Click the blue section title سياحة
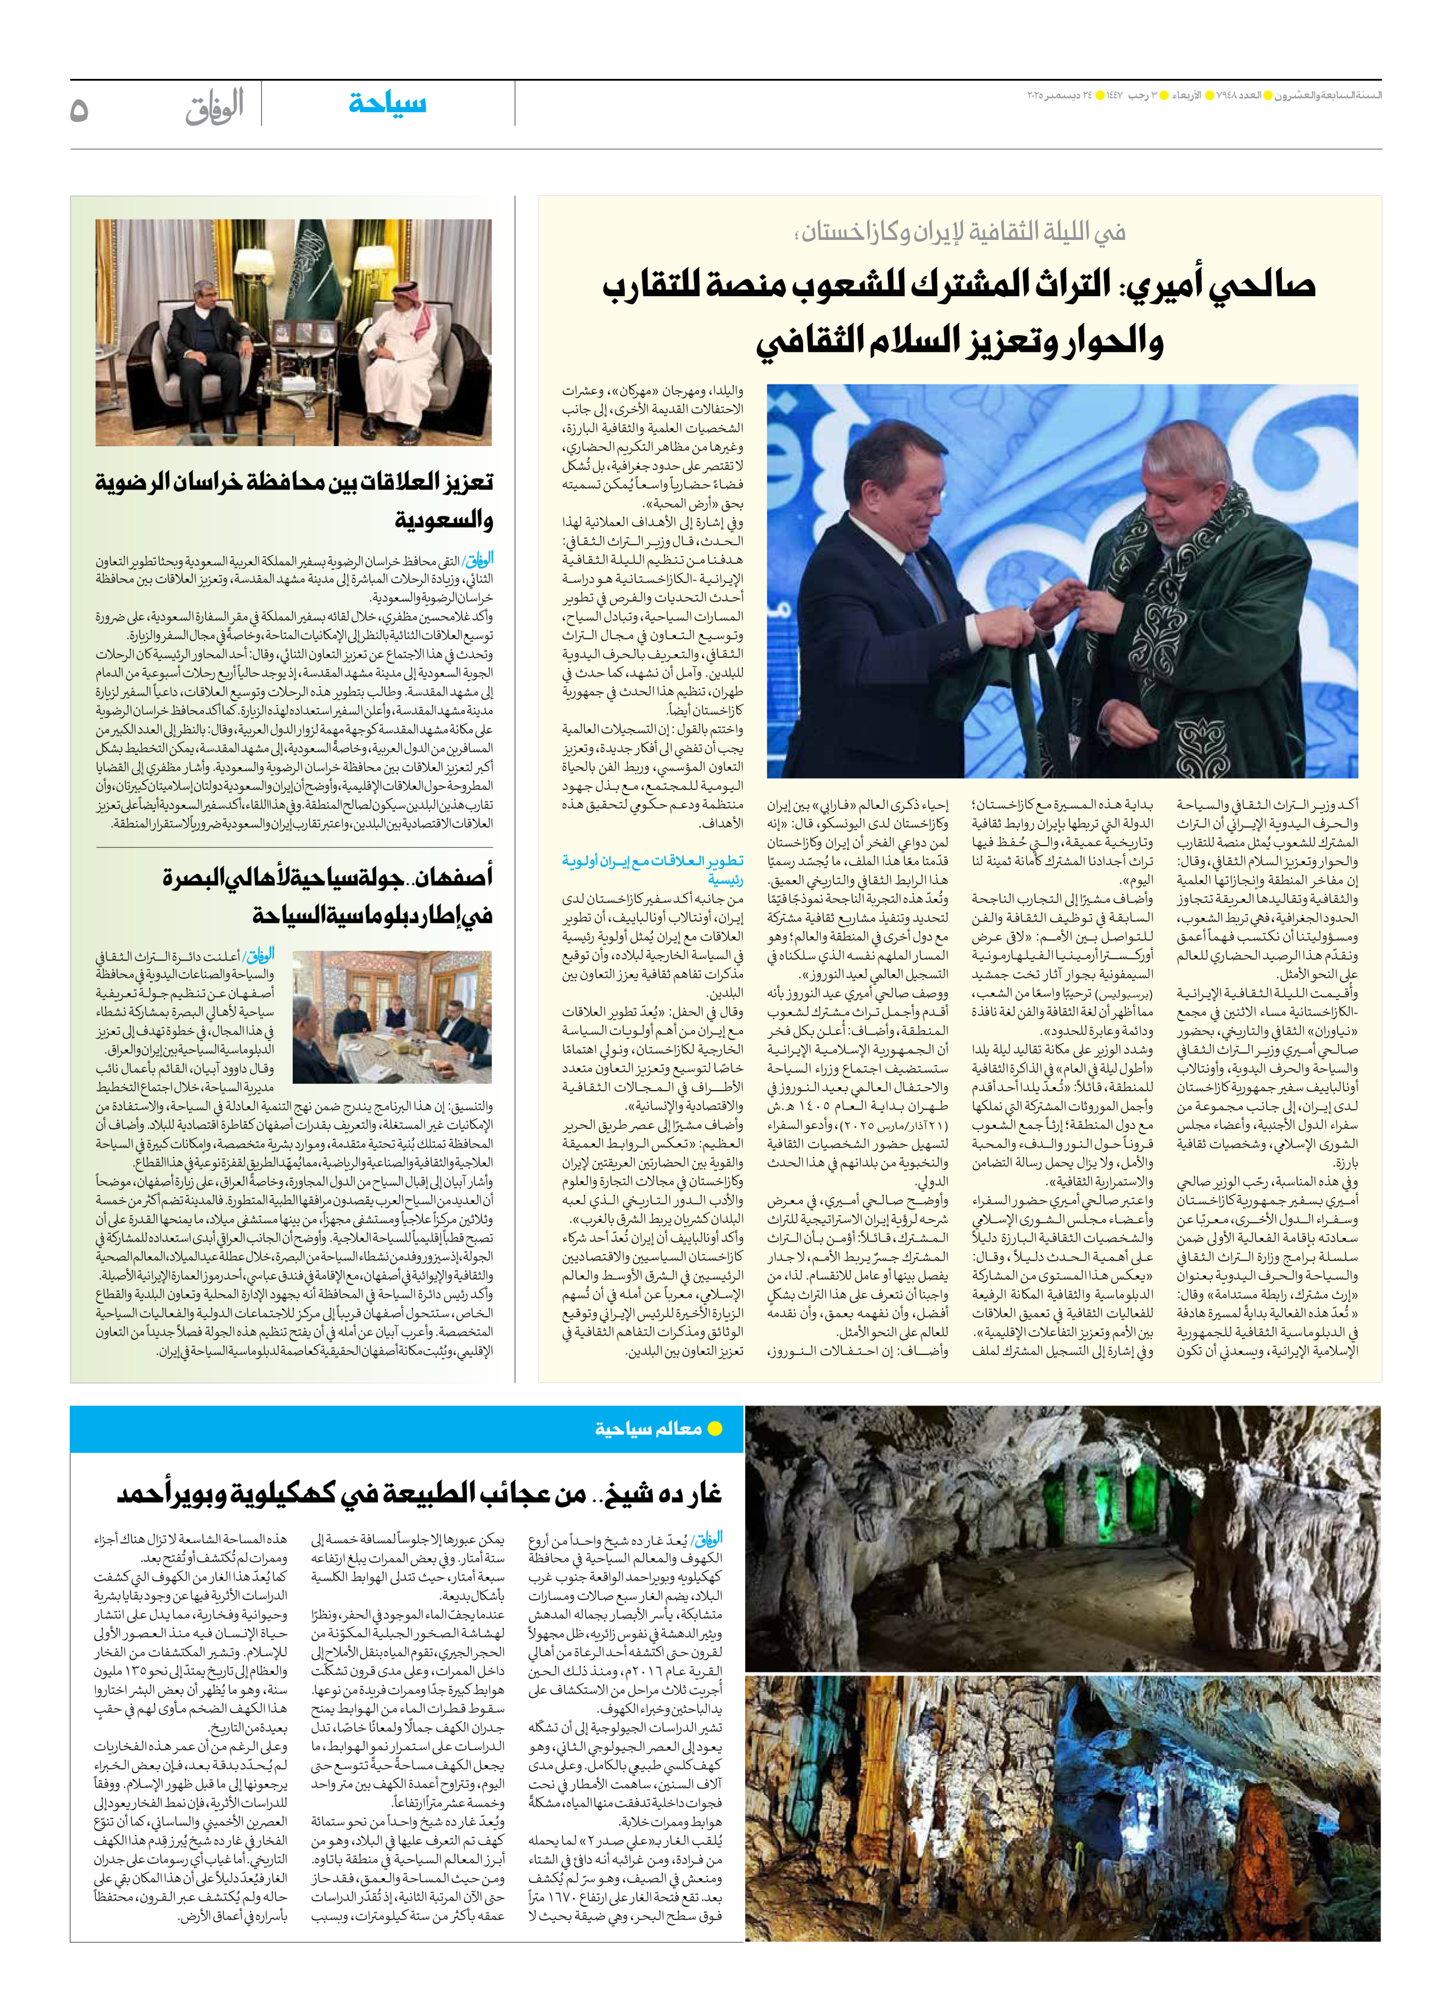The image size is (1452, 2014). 387,104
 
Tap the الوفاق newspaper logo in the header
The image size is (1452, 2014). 214,106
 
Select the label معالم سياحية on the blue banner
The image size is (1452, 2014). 648,1429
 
